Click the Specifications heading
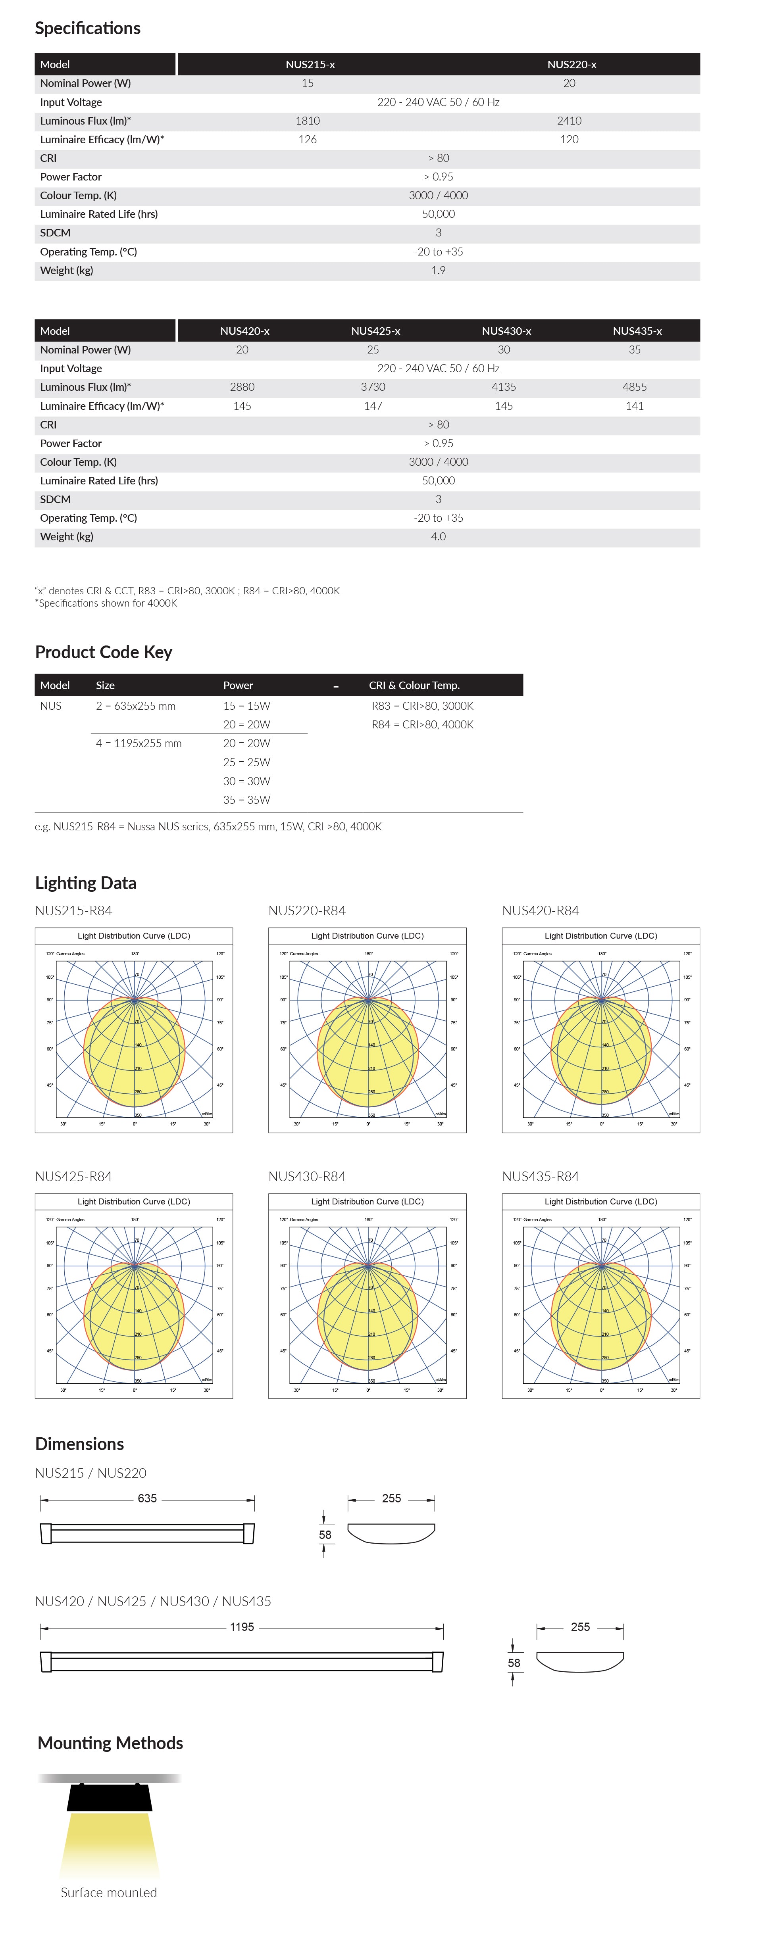click(x=87, y=28)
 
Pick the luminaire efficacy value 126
click(x=307, y=139)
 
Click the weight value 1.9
click(x=438, y=270)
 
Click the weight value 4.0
click(x=438, y=536)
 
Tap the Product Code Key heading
click(x=104, y=652)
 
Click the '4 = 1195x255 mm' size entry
click(x=139, y=743)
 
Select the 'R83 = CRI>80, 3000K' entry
click(x=422, y=706)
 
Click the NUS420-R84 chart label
click(x=540, y=910)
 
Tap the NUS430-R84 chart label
click(x=306, y=1176)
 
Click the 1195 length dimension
click(x=242, y=1627)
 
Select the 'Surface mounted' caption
click(x=109, y=1892)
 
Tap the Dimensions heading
click(x=79, y=1443)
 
